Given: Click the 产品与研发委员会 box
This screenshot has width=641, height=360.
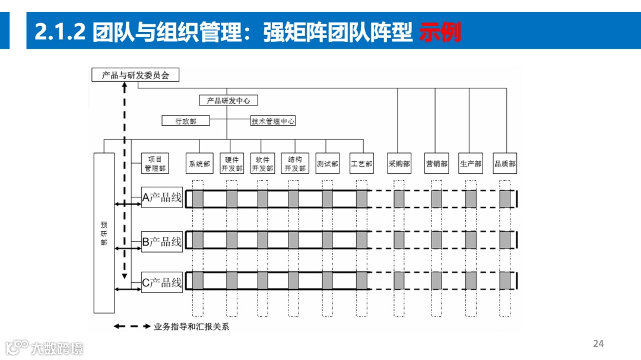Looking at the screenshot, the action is click(x=135, y=75).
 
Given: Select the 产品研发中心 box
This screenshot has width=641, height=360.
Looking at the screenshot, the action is click(x=229, y=101).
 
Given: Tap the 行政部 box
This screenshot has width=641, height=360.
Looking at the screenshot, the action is click(x=186, y=121).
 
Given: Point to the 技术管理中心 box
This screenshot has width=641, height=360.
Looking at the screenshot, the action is click(x=273, y=121).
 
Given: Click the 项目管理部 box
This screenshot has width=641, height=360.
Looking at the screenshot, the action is click(x=155, y=164).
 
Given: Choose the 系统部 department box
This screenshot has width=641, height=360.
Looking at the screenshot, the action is click(x=199, y=164).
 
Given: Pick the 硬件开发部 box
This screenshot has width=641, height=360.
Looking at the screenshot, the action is click(x=231, y=164).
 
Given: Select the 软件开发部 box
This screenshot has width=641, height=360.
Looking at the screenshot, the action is click(x=262, y=164).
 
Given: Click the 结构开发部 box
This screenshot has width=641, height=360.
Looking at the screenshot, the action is click(x=295, y=164).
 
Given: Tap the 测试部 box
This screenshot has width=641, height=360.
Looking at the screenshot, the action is click(x=327, y=164).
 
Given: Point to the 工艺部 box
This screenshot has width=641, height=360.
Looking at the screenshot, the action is click(x=361, y=164).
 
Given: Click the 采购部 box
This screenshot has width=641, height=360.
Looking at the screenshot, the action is click(x=399, y=164).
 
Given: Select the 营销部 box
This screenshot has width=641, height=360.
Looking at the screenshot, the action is click(x=436, y=164).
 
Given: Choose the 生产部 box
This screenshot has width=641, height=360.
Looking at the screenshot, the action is click(x=471, y=164).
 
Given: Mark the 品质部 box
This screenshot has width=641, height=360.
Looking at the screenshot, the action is click(x=505, y=164).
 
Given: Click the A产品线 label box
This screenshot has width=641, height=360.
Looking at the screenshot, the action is click(x=162, y=198).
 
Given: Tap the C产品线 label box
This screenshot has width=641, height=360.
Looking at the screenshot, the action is click(x=162, y=283).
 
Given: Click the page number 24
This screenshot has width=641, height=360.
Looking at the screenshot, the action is click(x=598, y=344).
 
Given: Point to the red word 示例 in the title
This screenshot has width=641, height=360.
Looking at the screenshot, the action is click(x=440, y=33).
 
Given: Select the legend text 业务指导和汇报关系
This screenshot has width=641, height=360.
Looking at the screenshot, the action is click(x=191, y=327).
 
